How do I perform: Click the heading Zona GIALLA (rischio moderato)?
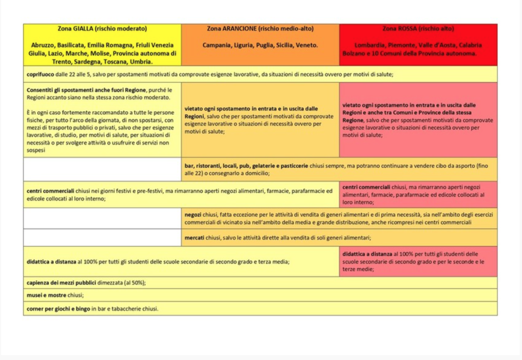[102, 29]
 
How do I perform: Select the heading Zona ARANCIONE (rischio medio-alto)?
[260, 29]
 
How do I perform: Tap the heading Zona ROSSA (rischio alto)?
[418, 29]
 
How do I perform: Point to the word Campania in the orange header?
[217, 45]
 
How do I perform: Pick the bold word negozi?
[194, 214]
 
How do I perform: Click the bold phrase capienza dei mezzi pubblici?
[64, 282]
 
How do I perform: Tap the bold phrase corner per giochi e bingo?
[58, 308]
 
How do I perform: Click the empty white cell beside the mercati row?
[102, 238]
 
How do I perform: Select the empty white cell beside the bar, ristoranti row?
[102, 169]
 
